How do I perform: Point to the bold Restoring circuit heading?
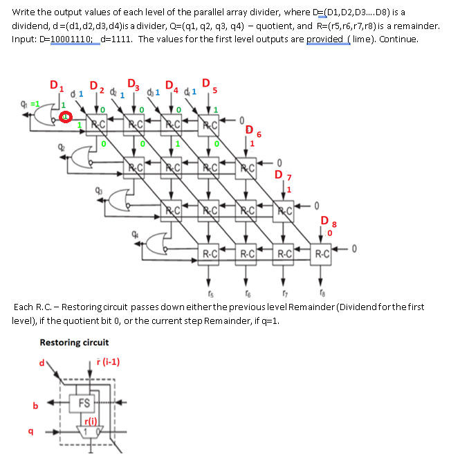[x=74, y=343]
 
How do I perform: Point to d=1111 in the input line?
[x=115, y=39]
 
